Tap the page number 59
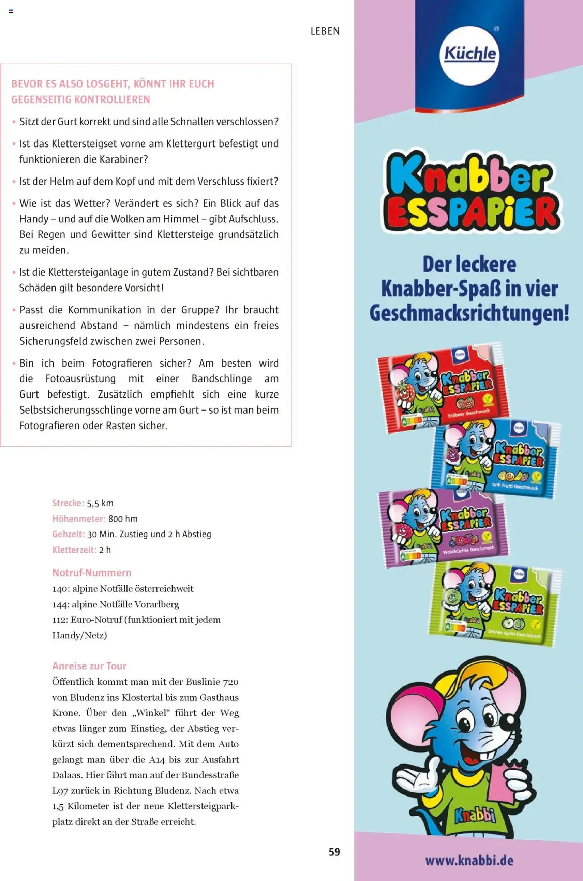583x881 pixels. click(x=334, y=852)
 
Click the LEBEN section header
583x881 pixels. click(x=325, y=31)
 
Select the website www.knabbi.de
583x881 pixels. click(x=469, y=860)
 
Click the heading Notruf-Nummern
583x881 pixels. click(x=92, y=573)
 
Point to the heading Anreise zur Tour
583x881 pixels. click(x=89, y=666)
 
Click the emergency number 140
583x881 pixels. click(x=59, y=589)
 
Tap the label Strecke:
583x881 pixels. click(x=68, y=503)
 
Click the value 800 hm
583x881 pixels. click(x=123, y=519)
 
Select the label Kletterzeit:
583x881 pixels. click(x=74, y=550)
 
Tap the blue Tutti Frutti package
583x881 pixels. click(x=496, y=457)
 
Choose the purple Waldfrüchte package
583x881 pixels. click(x=443, y=527)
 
